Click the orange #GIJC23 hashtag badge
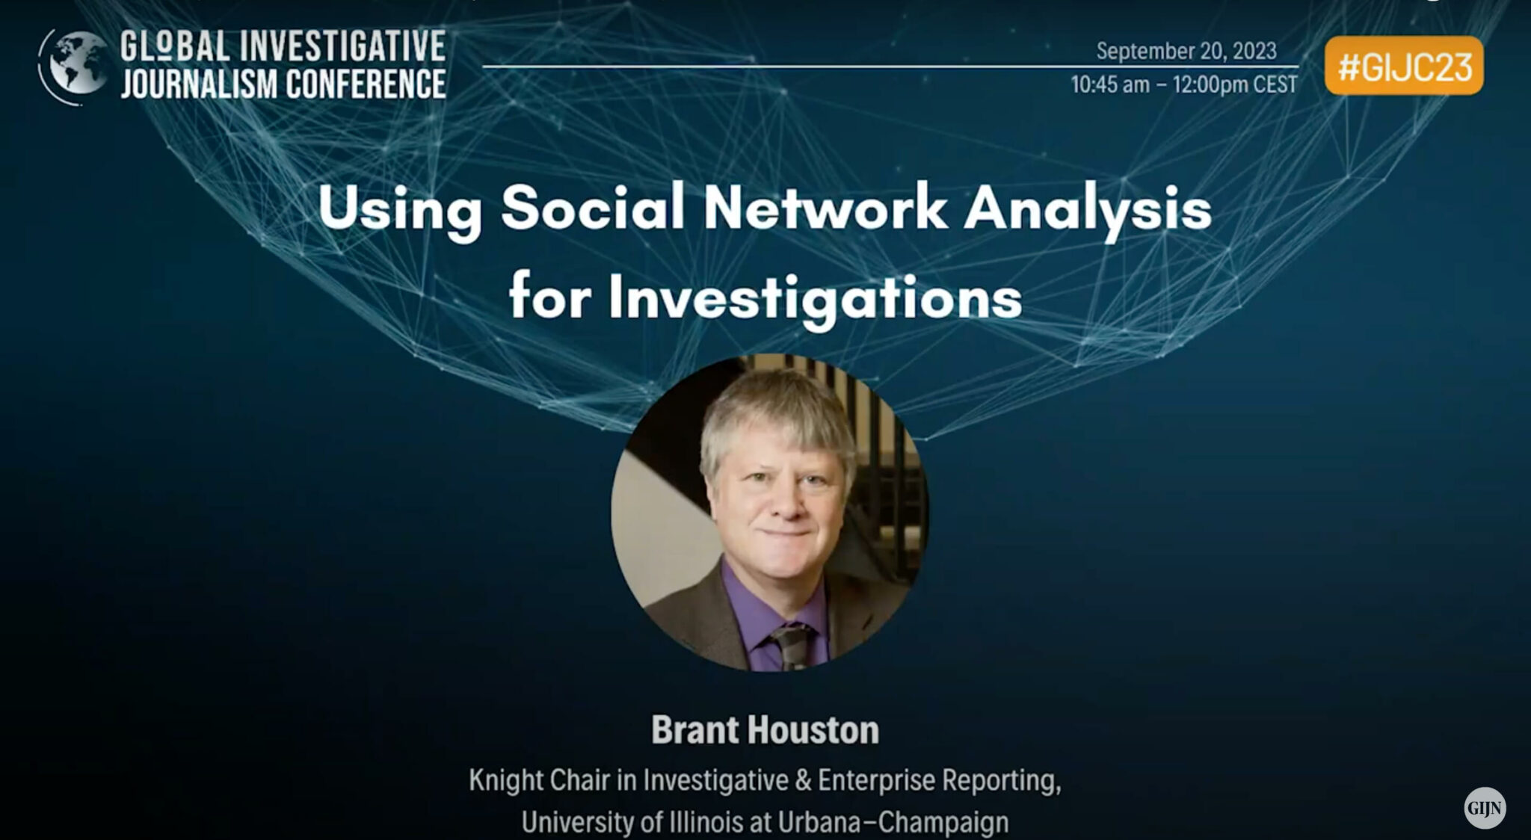click(x=1403, y=67)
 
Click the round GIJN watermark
click(x=1484, y=808)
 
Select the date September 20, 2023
click(x=1186, y=51)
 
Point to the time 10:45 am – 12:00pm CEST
click(x=1183, y=84)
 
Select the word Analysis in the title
click(x=1087, y=209)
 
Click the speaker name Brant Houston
click(x=765, y=729)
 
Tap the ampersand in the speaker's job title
click(x=803, y=779)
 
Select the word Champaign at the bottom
click(x=943, y=822)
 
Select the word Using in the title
click(x=399, y=209)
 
